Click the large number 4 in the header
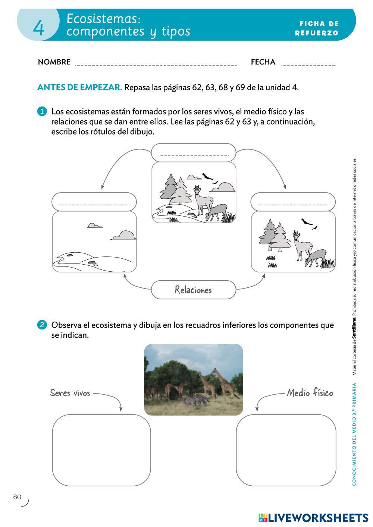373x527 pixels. pyautogui.click(x=38, y=28)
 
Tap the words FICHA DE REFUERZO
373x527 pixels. pyautogui.click(x=317, y=28)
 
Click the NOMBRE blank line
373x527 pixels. pyautogui.click(x=156, y=64)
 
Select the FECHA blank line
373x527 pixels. pyautogui.click(x=308, y=64)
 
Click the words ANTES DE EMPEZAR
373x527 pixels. pyautogui.click(x=79, y=88)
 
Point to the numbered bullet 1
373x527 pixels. pyautogui.click(x=42, y=111)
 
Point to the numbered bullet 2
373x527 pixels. pyautogui.click(x=42, y=325)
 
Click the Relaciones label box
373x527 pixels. pyautogui.click(x=193, y=290)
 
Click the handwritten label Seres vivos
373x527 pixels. pyautogui.click(x=70, y=393)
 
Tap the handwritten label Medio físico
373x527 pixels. pyautogui.click(x=310, y=393)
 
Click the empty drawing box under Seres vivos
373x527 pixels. pyautogui.click(x=101, y=450)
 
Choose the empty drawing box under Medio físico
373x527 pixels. pyautogui.click(x=286, y=450)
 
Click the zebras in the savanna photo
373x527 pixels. pyautogui.click(x=196, y=401)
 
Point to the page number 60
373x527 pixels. pyautogui.click(x=17, y=497)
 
